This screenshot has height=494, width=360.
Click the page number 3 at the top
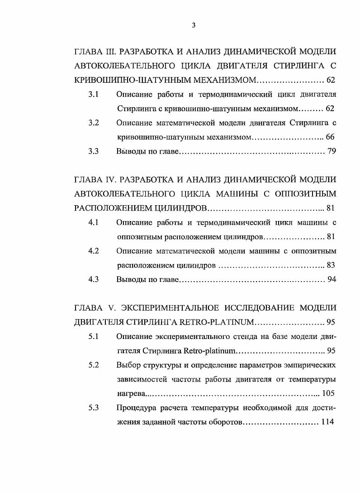(194, 25)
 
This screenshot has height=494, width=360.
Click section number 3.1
(94, 95)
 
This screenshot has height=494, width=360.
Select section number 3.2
(94, 122)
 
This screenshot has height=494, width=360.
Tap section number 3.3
(94, 151)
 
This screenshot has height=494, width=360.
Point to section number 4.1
(94, 222)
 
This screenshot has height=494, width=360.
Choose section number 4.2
(94, 251)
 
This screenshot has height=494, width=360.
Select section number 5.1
(94, 336)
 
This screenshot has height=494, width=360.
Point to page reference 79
(331, 151)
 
